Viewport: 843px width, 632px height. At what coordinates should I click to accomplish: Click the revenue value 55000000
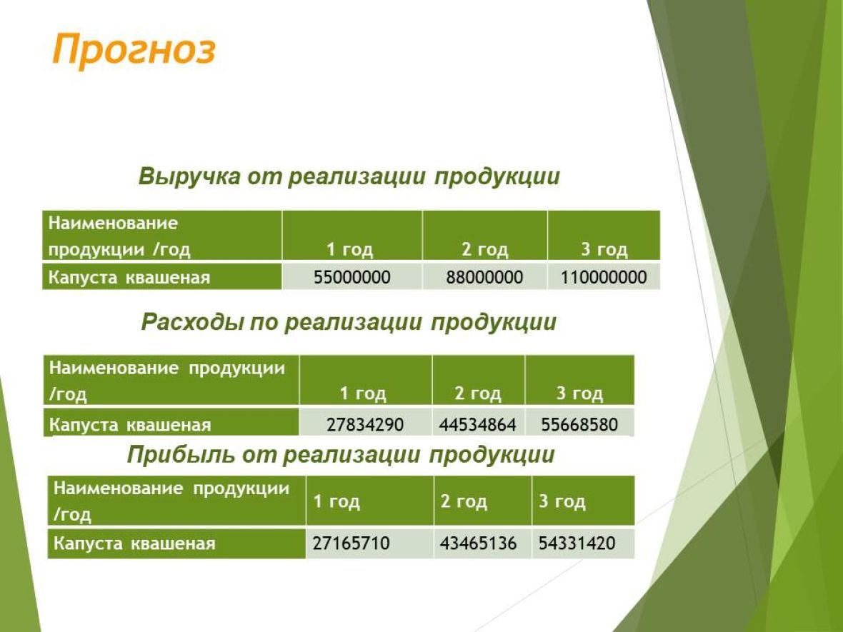351,277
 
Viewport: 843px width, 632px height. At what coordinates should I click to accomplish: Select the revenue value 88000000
484,277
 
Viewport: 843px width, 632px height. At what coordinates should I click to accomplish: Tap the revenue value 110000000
604,277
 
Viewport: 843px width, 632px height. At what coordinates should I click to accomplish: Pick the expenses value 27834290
365,425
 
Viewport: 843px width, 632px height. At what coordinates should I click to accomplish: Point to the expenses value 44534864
477,425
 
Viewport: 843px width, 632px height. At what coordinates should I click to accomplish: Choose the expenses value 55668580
579,425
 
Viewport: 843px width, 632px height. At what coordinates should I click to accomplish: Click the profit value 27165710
351,543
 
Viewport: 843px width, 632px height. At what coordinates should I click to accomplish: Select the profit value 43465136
478,543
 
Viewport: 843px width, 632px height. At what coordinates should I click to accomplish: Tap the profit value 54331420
577,543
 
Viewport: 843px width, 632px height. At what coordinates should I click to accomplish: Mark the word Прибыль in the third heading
181,455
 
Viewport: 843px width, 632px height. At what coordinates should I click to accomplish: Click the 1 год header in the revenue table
350,250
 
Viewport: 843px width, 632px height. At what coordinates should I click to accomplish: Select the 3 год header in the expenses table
579,394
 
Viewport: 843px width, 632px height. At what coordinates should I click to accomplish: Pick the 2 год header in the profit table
464,501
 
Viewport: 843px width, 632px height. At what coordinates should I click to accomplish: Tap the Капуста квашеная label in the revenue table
129,278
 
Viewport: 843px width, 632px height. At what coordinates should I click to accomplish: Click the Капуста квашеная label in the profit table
134,543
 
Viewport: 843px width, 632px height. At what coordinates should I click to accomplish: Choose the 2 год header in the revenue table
485,250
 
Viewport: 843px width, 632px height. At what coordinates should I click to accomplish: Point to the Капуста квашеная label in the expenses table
130,425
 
